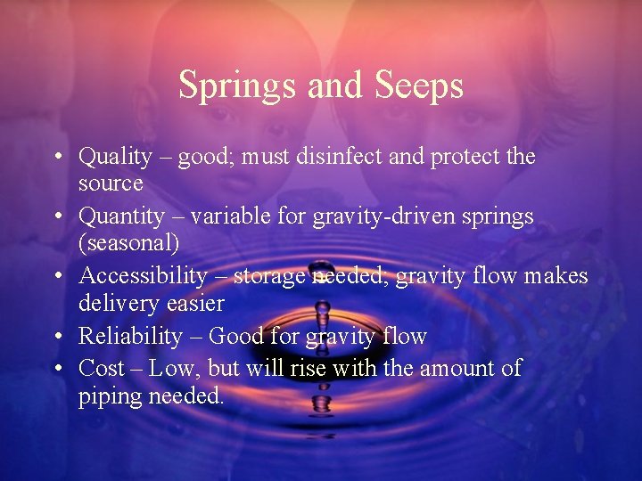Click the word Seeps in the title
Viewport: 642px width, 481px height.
click(420, 86)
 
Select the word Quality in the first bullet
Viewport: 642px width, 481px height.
click(115, 158)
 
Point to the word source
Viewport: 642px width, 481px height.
click(111, 183)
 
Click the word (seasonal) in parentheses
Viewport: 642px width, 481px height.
click(128, 243)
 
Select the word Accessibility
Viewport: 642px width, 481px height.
click(143, 276)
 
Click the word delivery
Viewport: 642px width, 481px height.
click(118, 303)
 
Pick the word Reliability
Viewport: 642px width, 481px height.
click(130, 336)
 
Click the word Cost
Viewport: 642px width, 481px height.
click(100, 368)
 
